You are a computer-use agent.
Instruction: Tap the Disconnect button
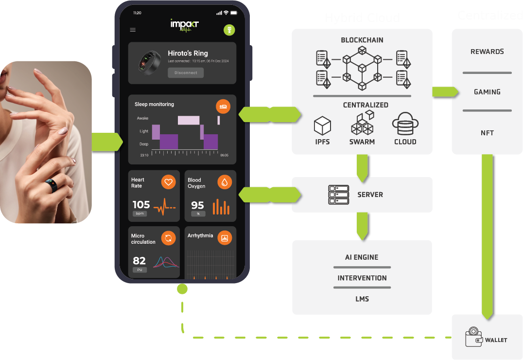(186, 72)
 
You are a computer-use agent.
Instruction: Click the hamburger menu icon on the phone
(133, 30)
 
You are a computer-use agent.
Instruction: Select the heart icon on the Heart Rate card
(168, 182)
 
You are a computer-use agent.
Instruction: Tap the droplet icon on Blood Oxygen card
(225, 182)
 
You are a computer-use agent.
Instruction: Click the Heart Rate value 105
(141, 205)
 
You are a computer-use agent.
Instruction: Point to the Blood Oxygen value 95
(197, 205)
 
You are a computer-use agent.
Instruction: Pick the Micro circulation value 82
(139, 261)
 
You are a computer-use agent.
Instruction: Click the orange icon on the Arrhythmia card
(225, 238)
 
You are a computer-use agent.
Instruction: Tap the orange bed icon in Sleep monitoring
(223, 106)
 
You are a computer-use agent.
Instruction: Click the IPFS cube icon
(322, 126)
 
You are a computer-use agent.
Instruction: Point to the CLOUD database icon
(405, 124)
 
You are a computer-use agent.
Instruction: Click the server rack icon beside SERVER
(339, 195)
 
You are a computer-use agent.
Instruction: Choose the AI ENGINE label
(362, 257)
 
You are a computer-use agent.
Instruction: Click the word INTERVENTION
(362, 278)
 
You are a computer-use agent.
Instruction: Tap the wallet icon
(473, 338)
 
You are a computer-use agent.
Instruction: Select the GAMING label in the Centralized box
(487, 91)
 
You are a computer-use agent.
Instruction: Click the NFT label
(487, 132)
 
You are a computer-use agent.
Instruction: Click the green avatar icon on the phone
(229, 30)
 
